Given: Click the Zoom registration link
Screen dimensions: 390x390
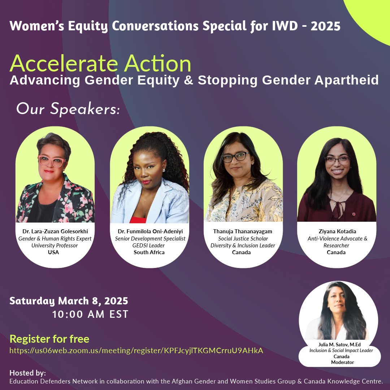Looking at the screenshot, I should pyautogui.click(x=136, y=351).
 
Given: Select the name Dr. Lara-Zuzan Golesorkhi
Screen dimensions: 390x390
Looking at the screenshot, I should pyautogui.click(x=55, y=231).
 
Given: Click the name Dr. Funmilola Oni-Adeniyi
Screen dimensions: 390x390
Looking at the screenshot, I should pyautogui.click(x=149, y=231).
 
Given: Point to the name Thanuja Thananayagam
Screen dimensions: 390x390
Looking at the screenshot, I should pyautogui.click(x=243, y=231).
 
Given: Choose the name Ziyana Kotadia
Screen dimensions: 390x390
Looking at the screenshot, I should pyautogui.click(x=337, y=231).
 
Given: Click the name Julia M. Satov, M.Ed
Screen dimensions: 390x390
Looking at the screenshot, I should pyautogui.click(x=339, y=344).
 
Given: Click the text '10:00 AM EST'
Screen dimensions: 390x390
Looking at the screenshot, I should pyautogui.click(x=90, y=315).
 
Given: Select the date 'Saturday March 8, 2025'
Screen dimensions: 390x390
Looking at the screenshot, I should pyautogui.click(x=69, y=301).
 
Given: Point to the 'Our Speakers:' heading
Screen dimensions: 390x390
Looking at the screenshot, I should pyautogui.click(x=68, y=109).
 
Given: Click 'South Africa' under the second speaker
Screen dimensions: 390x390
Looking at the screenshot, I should pyautogui.click(x=149, y=252).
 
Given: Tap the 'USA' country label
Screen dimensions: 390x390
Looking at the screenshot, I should pyautogui.click(x=53, y=252).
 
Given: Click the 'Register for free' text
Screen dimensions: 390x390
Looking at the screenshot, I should pyautogui.click(x=49, y=339).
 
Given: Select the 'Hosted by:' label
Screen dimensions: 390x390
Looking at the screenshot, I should pyautogui.click(x=27, y=373).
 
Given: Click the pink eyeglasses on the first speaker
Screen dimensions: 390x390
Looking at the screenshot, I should pyautogui.click(x=51, y=161).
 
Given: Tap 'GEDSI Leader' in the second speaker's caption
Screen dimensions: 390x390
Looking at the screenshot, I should pyautogui.click(x=149, y=246).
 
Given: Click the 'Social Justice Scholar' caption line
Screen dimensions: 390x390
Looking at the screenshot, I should pyautogui.click(x=243, y=239).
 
